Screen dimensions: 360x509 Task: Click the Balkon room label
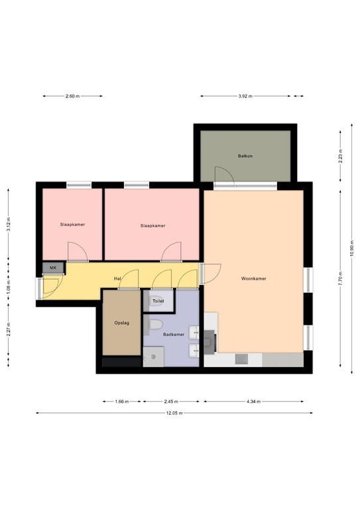(x=245, y=156)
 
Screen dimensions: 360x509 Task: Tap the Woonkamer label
(x=253, y=278)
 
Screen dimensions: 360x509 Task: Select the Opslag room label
(x=122, y=323)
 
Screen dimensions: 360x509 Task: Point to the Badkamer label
(x=174, y=334)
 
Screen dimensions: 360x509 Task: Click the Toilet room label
(x=158, y=301)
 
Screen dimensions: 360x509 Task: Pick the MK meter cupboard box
(x=53, y=268)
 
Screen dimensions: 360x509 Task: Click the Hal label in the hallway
(x=117, y=278)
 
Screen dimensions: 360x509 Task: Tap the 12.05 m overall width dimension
(x=174, y=413)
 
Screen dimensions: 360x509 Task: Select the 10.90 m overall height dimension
(x=352, y=249)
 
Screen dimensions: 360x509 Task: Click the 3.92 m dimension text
(x=245, y=96)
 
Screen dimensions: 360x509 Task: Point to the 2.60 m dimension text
(x=72, y=96)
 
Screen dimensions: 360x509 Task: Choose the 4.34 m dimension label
(x=253, y=402)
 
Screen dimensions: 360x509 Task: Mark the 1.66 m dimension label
(x=122, y=402)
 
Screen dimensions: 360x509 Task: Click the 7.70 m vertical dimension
(x=340, y=278)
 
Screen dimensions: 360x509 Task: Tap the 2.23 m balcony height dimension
(x=340, y=156)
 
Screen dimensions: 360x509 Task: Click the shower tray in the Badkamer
(x=153, y=357)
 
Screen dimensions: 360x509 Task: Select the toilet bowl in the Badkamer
(x=155, y=324)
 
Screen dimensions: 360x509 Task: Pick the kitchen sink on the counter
(x=241, y=359)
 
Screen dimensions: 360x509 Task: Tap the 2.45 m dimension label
(x=171, y=402)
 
